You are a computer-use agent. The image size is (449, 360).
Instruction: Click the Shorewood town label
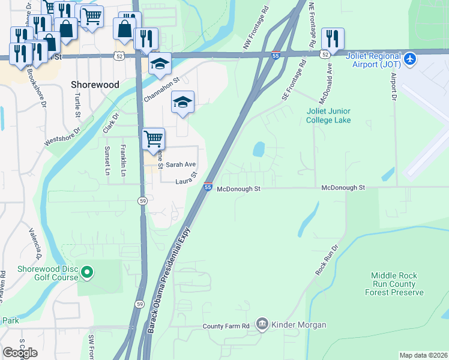click(95, 85)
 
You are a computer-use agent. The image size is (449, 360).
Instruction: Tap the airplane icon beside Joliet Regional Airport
click(410, 59)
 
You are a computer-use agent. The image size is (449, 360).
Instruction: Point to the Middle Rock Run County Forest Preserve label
click(394, 284)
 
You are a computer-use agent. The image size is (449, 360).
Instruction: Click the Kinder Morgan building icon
click(262, 325)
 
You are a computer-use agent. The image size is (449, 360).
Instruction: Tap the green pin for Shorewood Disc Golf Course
click(87, 273)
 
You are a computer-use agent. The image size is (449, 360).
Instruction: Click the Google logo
click(20, 352)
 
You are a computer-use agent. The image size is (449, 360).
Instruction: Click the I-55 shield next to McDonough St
click(208, 187)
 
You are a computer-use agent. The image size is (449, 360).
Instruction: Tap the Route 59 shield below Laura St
click(142, 200)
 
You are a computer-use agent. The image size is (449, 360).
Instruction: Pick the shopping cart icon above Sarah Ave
click(154, 139)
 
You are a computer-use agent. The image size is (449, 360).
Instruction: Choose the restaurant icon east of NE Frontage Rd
click(332, 39)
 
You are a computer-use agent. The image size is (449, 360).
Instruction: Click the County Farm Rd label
click(226, 326)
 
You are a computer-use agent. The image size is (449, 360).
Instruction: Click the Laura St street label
click(186, 179)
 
